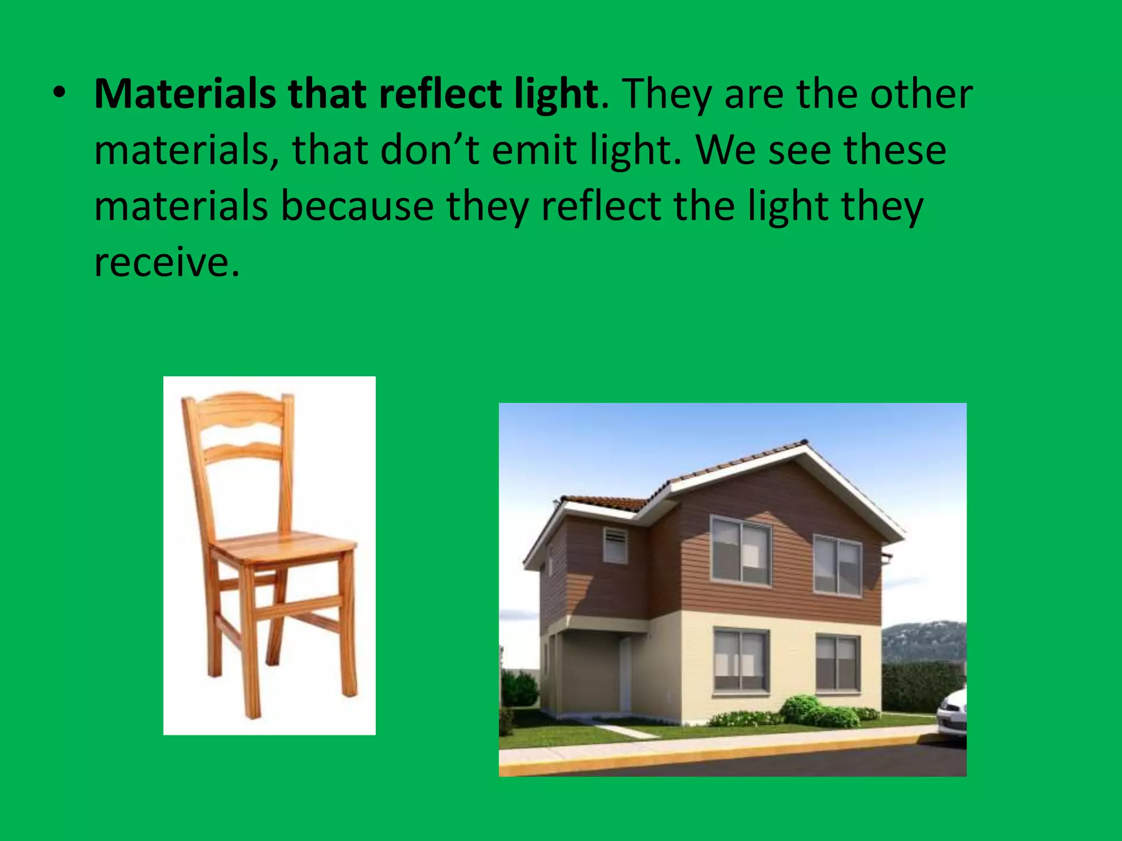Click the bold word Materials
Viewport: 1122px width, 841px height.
pyautogui.click(x=185, y=94)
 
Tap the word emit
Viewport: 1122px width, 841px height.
pyautogui.click(x=534, y=150)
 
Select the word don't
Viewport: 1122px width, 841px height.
pyautogui.click(x=429, y=150)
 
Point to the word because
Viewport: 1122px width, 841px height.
pyautogui.click(x=357, y=206)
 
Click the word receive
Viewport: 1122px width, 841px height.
pyautogui.click(x=166, y=263)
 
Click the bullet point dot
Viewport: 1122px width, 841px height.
pyautogui.click(x=59, y=94)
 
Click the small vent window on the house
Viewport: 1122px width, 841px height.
pyautogui.click(x=615, y=545)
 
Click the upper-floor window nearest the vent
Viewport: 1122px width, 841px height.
pyautogui.click(x=740, y=550)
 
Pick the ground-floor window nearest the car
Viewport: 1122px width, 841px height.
pyautogui.click(x=837, y=663)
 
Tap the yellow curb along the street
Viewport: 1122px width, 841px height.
pyautogui.click(x=712, y=753)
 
